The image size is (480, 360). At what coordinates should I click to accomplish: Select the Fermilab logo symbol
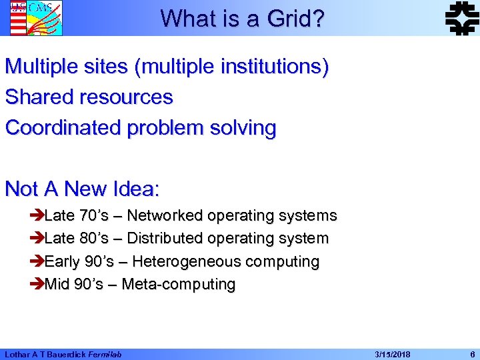coord(461,17)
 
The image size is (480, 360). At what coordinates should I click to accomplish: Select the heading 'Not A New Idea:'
coord(82,189)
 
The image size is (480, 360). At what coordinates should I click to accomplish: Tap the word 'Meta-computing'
coord(179,285)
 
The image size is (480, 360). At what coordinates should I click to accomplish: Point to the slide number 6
coord(472,354)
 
